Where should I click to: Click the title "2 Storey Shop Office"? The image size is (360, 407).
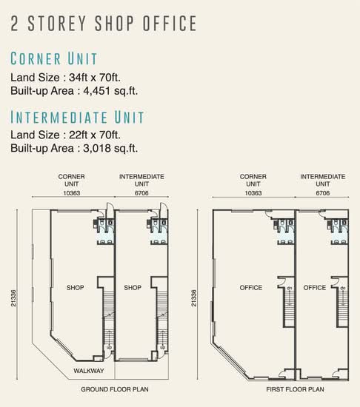click(x=104, y=24)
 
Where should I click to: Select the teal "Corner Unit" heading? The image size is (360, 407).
click(x=54, y=58)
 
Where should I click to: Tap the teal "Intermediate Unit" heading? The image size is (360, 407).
click(x=77, y=117)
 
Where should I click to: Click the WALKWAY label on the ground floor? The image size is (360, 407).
click(x=89, y=371)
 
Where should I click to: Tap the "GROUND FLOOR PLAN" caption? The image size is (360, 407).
click(x=115, y=389)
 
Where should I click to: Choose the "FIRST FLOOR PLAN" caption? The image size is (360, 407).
click(x=295, y=389)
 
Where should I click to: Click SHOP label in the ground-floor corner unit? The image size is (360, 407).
click(x=75, y=288)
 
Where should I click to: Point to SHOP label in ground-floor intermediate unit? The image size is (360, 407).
click(x=133, y=288)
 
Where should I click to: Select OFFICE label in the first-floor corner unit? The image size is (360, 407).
click(x=251, y=288)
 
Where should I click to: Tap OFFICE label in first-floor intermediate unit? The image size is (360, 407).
click(x=315, y=288)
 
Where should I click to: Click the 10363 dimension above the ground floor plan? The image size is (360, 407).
click(x=72, y=193)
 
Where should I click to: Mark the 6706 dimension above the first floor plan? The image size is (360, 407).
click(x=323, y=193)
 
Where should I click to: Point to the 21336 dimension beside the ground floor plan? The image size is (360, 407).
click(x=13, y=298)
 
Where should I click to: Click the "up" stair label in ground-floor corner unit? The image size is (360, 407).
click(x=109, y=347)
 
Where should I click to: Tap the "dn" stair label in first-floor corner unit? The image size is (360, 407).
click(x=290, y=288)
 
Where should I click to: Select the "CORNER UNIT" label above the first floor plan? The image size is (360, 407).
click(x=253, y=180)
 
